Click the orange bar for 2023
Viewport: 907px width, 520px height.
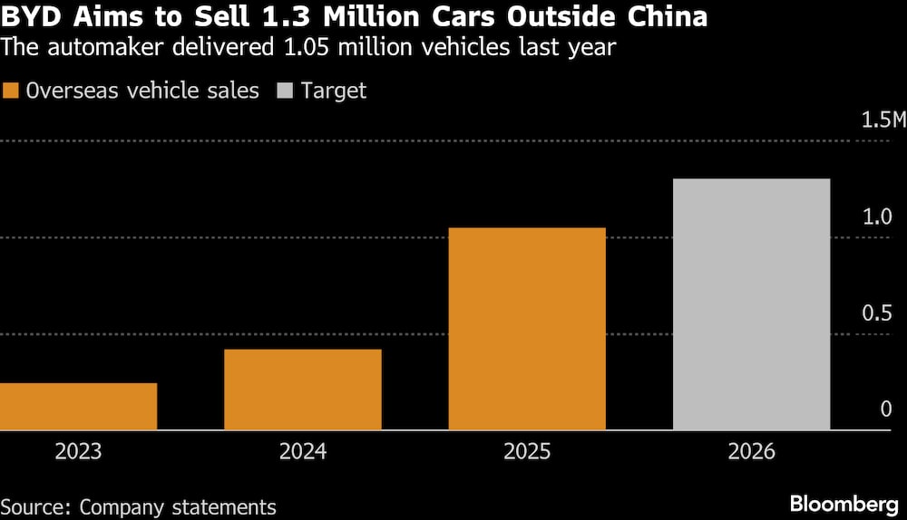(x=78, y=406)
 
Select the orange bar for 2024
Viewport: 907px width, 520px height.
(x=303, y=390)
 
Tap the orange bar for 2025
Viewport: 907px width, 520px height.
(x=527, y=328)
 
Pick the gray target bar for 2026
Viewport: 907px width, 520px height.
(x=751, y=303)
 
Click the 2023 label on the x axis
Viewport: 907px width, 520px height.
(x=78, y=451)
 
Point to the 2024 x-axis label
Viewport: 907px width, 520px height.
(x=303, y=451)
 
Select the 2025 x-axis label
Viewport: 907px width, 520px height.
(x=527, y=451)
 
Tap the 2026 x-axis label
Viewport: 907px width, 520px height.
(x=751, y=451)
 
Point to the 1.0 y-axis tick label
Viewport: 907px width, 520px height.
(x=879, y=217)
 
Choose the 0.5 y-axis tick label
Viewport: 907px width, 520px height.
(x=879, y=313)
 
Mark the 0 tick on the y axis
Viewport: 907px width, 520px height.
(x=886, y=409)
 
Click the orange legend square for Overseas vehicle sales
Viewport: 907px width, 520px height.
(x=12, y=91)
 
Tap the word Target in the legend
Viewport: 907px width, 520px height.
(x=334, y=91)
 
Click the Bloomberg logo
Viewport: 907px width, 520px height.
(x=843, y=504)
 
